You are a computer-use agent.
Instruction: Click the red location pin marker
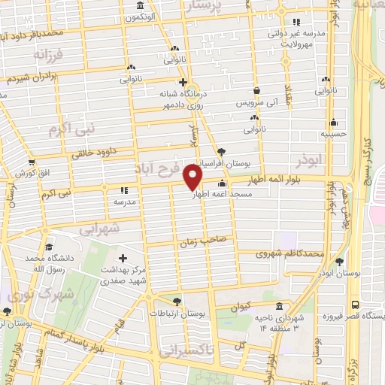pos(193,177)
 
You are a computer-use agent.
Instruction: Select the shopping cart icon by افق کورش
pos(31,162)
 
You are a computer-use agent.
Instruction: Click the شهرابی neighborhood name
pos(99,229)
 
